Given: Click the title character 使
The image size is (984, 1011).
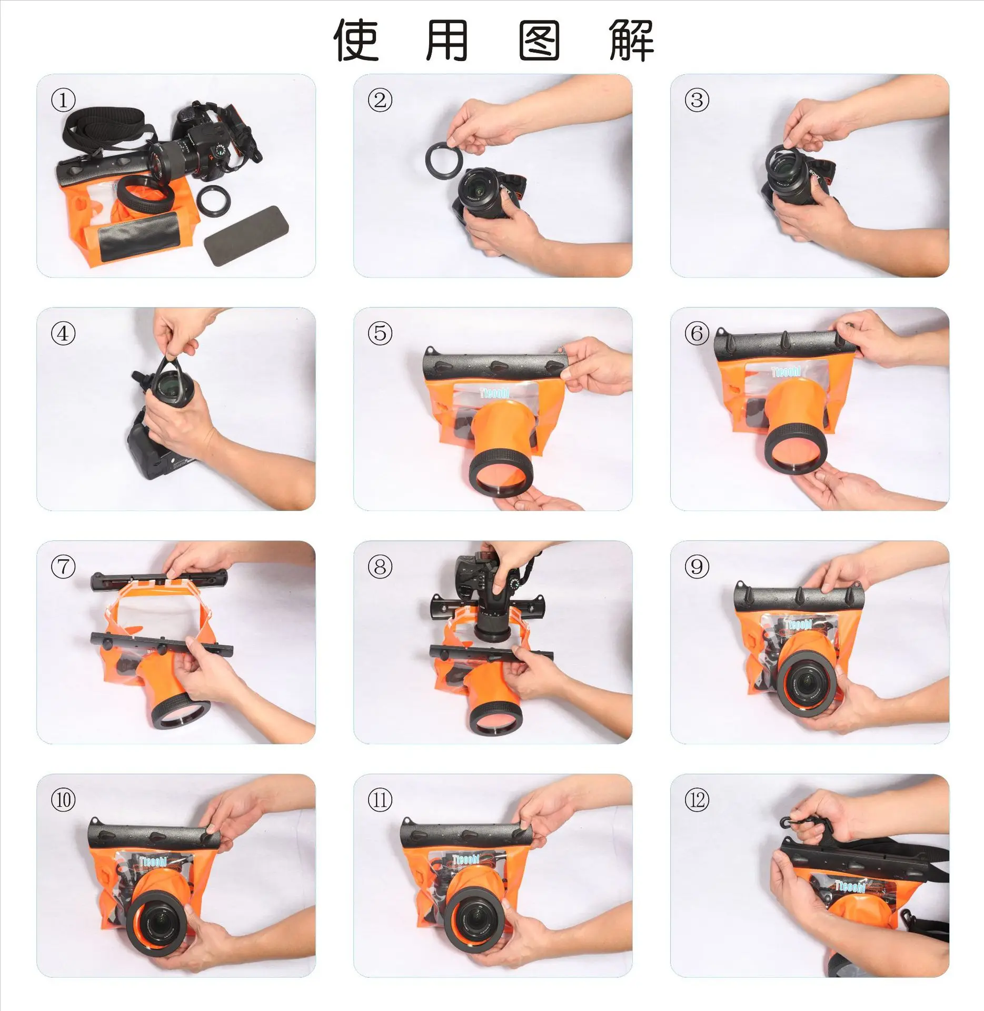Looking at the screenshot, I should (x=356, y=41).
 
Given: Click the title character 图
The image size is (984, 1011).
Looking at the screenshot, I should (x=539, y=41).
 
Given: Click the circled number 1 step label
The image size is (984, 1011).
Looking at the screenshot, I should (x=63, y=100).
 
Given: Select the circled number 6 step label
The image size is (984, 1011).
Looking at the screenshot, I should (x=697, y=333).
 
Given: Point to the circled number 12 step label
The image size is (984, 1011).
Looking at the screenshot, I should (x=697, y=800).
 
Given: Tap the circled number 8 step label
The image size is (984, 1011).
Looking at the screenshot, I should (x=380, y=567).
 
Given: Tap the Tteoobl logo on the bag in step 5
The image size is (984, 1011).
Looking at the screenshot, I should (x=494, y=393).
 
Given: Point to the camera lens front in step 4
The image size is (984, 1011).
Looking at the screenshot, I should (x=172, y=385).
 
